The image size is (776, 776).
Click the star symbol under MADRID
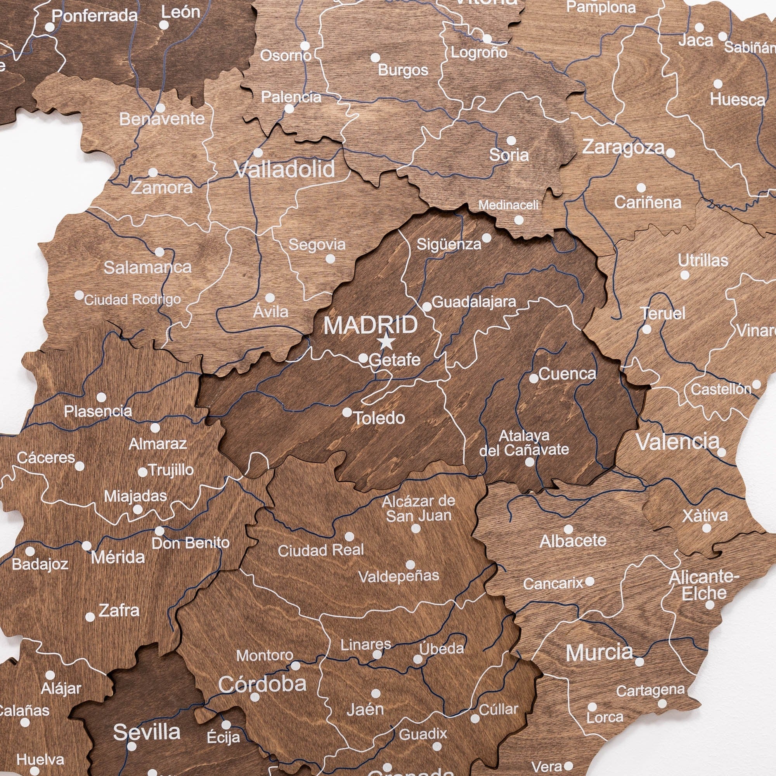coord(386,342)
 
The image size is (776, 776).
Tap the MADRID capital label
coord(370,325)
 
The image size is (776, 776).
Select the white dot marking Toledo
coord(347,412)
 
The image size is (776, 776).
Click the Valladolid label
coord(285,169)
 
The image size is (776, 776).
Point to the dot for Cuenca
coord(534,378)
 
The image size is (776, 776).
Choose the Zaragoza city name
coord(624,147)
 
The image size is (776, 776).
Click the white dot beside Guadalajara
coord(427,307)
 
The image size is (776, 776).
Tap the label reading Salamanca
coord(147,267)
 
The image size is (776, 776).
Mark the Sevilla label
coord(147,732)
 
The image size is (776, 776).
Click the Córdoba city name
coord(262,684)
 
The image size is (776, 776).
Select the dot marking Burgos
coord(375,57)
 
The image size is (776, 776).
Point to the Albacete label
coord(573,541)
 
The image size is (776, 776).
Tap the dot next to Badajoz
coord(30,551)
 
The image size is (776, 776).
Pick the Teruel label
coord(663,313)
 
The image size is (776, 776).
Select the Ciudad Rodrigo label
coord(132,300)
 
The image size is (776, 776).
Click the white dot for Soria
coord(511,140)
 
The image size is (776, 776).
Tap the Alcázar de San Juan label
coord(419,508)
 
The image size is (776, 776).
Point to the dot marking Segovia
coord(330,259)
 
